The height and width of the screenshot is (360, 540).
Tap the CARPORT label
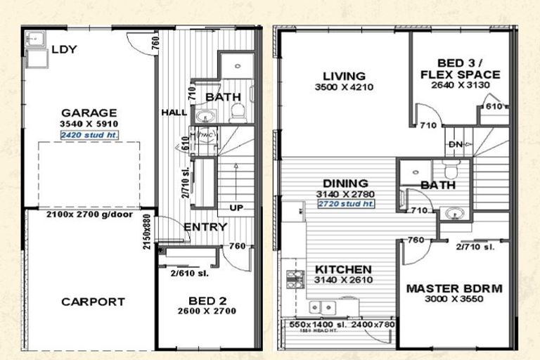click(93, 302)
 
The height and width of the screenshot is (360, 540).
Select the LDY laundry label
click(64, 49)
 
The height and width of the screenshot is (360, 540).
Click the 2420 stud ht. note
click(89, 134)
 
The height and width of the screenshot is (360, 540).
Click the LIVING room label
click(344, 76)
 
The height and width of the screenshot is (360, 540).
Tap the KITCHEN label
click(343, 269)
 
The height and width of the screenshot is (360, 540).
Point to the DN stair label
click(455, 146)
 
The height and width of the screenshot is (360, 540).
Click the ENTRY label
click(205, 226)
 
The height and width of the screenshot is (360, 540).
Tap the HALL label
click(173, 112)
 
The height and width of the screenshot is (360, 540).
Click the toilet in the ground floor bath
click(237, 111)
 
